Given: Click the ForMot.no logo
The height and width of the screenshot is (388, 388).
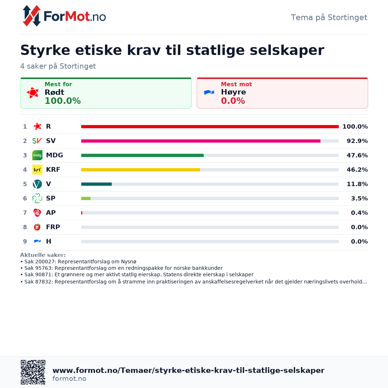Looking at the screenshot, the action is click(x=64, y=16).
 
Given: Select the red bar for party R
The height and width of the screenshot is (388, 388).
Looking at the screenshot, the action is click(x=210, y=127).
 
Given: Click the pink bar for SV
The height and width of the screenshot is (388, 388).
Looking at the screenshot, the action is click(x=201, y=141).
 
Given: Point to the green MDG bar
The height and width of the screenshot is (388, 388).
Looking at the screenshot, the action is click(x=142, y=156).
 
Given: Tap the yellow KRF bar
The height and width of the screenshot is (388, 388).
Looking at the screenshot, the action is click(x=140, y=170).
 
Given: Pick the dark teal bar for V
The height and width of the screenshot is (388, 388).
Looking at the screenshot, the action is click(x=96, y=184).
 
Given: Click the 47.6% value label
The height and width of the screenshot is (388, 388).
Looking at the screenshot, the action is click(x=357, y=156).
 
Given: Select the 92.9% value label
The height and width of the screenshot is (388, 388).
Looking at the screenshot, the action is click(x=357, y=141).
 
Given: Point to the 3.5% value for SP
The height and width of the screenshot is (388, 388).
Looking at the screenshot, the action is click(x=359, y=198).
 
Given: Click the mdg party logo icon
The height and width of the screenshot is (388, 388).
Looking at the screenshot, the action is click(x=37, y=156).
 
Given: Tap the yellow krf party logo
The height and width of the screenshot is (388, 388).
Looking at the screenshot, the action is click(x=37, y=170).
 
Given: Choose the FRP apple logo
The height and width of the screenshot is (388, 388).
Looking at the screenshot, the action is click(x=37, y=227).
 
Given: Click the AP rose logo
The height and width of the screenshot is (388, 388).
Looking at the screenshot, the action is click(x=37, y=213).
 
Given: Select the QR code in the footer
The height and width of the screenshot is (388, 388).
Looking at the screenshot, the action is click(x=33, y=372).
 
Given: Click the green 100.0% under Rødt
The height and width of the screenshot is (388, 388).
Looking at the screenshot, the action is click(x=63, y=101).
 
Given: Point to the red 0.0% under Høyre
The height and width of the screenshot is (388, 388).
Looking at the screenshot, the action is click(x=233, y=101).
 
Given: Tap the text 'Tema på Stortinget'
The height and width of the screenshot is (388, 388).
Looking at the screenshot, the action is click(x=329, y=18).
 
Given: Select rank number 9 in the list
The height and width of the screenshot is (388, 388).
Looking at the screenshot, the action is click(x=25, y=241).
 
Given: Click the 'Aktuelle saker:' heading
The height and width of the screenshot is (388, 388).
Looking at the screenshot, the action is click(x=43, y=255).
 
